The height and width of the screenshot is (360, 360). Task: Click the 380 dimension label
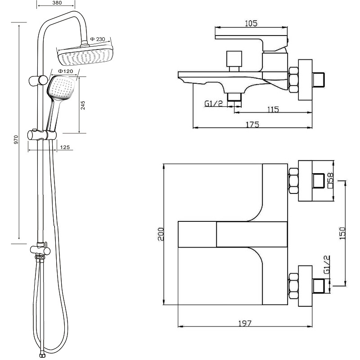(57, 3)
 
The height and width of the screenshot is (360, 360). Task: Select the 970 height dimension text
(16, 139)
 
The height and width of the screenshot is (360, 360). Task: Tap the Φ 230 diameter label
(98, 39)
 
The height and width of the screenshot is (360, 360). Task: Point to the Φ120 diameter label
(66, 71)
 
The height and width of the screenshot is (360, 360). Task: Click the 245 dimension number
(83, 105)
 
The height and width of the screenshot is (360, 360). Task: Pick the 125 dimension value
(65, 147)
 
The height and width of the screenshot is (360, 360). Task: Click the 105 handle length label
(252, 23)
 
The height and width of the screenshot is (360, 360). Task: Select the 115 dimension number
(273, 109)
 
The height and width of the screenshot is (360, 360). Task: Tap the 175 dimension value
(252, 124)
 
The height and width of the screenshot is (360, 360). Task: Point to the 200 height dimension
(161, 234)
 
